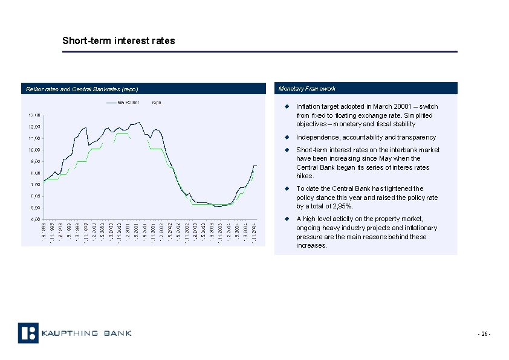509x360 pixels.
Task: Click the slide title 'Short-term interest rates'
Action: (x=118, y=41)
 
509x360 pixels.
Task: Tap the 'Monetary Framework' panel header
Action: (x=307, y=89)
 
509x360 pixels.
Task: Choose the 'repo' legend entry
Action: (x=156, y=103)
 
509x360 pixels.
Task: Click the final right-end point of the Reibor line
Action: (x=256, y=166)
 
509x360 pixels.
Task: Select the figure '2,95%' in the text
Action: (x=339, y=207)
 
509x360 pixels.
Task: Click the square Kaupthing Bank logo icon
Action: (x=28, y=333)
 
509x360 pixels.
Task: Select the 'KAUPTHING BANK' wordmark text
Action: (x=86, y=333)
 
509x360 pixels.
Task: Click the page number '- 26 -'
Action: (x=484, y=334)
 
